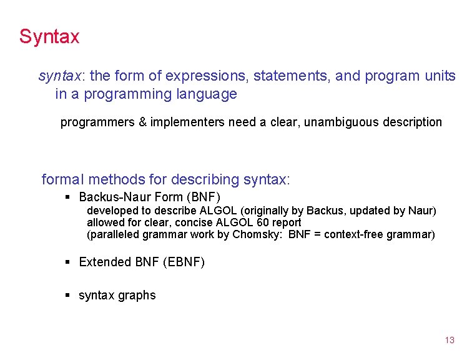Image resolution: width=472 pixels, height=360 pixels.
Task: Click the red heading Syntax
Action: coord(49,36)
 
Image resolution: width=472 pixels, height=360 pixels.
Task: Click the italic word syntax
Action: coord(61,76)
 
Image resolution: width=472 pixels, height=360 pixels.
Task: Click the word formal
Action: coord(62,180)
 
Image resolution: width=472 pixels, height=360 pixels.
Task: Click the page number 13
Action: coord(450,341)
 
